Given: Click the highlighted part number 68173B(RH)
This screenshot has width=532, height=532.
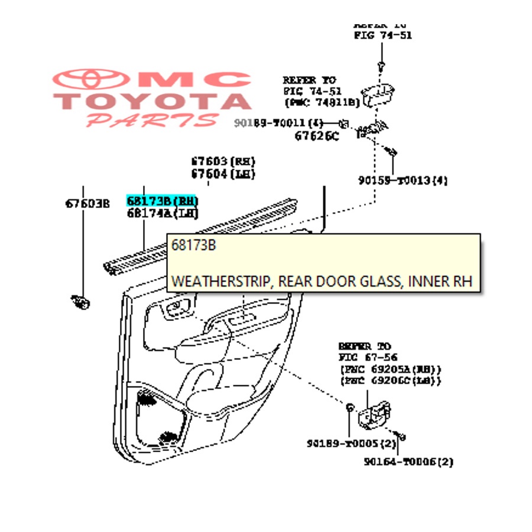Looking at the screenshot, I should click(x=162, y=201).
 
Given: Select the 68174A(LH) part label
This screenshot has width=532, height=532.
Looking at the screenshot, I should click(x=162, y=213).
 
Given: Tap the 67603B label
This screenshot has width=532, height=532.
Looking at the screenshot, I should click(x=87, y=204).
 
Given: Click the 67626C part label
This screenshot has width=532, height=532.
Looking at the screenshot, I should click(x=317, y=136).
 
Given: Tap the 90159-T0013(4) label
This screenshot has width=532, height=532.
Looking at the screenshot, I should click(x=402, y=180).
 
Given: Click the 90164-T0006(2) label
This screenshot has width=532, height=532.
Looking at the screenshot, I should click(x=408, y=462).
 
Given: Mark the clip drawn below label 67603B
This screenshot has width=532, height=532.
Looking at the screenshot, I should click(x=80, y=302).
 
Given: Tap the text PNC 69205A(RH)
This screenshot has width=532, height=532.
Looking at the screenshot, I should click(x=390, y=369).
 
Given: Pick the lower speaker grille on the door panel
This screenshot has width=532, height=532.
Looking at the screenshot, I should click(x=169, y=437).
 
